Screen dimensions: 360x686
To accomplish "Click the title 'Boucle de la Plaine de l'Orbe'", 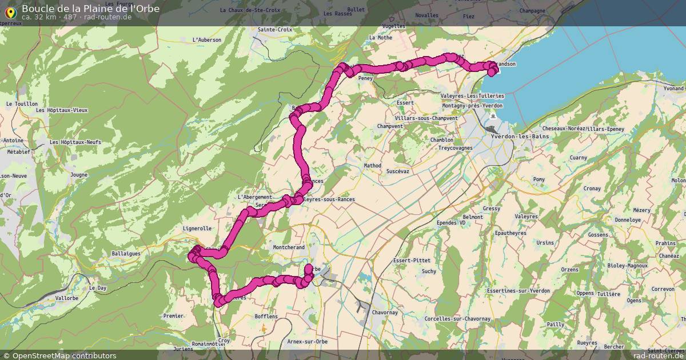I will (x=91, y=9).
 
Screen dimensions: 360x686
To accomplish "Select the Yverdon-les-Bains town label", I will (x=520, y=137).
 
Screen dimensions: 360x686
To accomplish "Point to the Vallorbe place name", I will (x=67, y=298).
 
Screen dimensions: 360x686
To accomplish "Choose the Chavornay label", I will (x=388, y=313).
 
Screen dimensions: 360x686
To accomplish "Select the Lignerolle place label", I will (x=197, y=228).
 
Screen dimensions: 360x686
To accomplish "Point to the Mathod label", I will (x=372, y=166).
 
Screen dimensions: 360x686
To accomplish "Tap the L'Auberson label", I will (x=206, y=39).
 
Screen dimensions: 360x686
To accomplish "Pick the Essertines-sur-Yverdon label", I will (x=517, y=291).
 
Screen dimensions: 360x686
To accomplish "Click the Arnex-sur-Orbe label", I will (x=308, y=342).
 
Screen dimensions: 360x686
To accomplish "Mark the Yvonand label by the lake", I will (x=673, y=89).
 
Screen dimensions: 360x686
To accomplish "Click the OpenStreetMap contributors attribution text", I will (x=59, y=355).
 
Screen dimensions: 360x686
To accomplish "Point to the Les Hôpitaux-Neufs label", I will (x=75, y=142).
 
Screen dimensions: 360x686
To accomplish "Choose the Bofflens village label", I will (x=266, y=317).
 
